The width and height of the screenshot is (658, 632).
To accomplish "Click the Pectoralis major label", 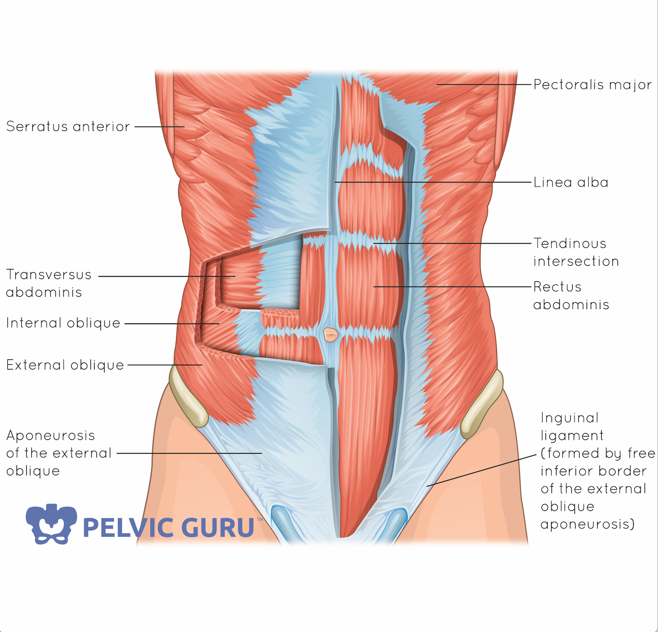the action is tap(593, 85).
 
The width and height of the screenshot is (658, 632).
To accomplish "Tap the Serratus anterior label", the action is tap(68, 127).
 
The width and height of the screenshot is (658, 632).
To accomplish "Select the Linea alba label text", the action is tap(571, 182).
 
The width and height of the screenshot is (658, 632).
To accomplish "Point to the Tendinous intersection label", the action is tap(575, 252).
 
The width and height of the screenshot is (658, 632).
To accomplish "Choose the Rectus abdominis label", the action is tap(571, 295).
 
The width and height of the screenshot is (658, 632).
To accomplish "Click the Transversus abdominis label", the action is tap(48, 283).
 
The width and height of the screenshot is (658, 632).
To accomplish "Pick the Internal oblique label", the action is tap(63, 323).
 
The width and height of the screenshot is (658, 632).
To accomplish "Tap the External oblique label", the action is tap(65, 365).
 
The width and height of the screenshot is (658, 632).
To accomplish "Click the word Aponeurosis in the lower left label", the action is tap(51, 435).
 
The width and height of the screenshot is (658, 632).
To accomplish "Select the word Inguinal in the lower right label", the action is tap(569, 418).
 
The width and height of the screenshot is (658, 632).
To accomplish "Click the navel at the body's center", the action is tap(331, 334).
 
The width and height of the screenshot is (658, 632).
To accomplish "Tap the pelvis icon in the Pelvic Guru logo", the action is tap(51, 524).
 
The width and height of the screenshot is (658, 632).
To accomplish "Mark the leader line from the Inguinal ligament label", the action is tap(482, 470).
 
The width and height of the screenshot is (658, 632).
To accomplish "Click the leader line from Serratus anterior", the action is tap(159, 127).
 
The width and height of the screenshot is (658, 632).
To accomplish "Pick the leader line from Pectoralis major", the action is tap(484, 85).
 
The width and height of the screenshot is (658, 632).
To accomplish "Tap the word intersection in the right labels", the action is tap(576, 261).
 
